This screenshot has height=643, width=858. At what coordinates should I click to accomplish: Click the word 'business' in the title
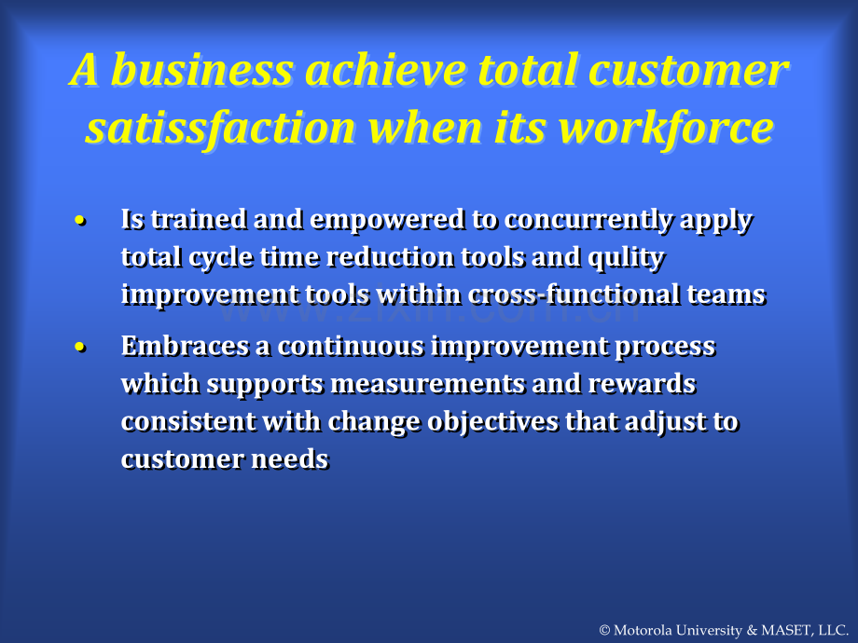pyautogui.click(x=202, y=70)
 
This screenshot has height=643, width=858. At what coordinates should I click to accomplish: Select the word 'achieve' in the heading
pyautogui.click(x=385, y=70)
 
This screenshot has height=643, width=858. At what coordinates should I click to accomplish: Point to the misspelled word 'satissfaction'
pyautogui.click(x=220, y=129)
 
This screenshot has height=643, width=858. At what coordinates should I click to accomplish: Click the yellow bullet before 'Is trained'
pyautogui.click(x=80, y=221)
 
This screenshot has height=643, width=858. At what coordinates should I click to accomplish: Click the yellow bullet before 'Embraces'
pyautogui.click(x=80, y=348)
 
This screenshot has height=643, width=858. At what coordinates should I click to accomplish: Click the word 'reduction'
pyautogui.click(x=390, y=257)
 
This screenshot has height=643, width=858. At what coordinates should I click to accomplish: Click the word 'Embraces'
pyautogui.click(x=185, y=347)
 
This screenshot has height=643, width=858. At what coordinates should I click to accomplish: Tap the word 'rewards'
pyautogui.click(x=642, y=384)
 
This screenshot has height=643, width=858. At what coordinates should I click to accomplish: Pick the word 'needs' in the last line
pyautogui.click(x=290, y=459)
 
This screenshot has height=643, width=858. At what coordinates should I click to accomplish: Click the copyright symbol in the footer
pyautogui.click(x=604, y=631)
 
